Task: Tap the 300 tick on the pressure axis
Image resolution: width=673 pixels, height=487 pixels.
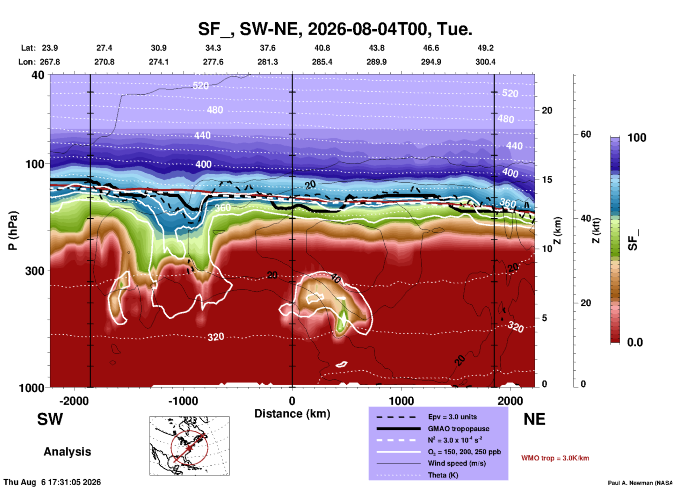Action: [x=35, y=271]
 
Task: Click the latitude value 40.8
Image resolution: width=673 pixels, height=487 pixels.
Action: [x=322, y=48]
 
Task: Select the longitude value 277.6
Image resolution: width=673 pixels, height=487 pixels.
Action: [x=213, y=62]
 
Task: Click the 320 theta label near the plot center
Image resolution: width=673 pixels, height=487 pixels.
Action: [x=216, y=337]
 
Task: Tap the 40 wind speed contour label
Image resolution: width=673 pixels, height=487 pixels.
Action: [x=335, y=278]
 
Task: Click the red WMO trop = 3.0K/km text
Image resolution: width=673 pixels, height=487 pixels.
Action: [x=555, y=458]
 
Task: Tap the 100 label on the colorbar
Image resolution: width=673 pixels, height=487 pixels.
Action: [x=637, y=138]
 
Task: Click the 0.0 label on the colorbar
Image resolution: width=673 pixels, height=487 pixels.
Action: [x=635, y=342]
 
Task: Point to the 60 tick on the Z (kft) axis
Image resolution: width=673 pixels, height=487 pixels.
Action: [x=586, y=134]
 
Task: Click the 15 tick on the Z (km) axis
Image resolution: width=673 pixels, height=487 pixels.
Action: [x=547, y=180]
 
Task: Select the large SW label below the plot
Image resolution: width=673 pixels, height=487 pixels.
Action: [x=50, y=419]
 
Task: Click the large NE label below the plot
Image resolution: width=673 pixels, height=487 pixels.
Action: [x=534, y=419]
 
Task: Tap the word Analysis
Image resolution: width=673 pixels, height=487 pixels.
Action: [x=67, y=452]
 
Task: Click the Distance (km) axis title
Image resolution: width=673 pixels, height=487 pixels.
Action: [x=292, y=414]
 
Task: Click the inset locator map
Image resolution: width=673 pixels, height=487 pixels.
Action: [x=189, y=446]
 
